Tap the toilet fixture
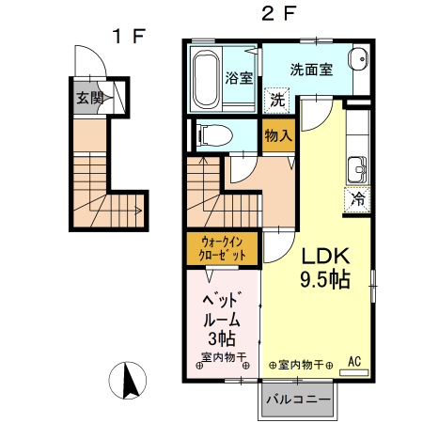point(214,135)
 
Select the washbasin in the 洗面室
point(357,58)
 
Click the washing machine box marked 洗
point(276,101)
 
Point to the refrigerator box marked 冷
point(357,199)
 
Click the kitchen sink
point(357,169)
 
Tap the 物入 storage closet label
point(278,135)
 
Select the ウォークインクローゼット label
point(223,249)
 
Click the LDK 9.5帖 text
point(325,267)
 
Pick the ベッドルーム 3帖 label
point(223,320)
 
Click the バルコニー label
point(298,399)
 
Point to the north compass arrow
point(130,381)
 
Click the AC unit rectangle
point(354,372)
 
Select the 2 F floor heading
point(278,14)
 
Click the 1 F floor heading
point(129,36)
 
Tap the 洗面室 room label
point(311,70)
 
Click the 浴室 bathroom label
point(239,78)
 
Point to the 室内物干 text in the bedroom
point(224,357)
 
